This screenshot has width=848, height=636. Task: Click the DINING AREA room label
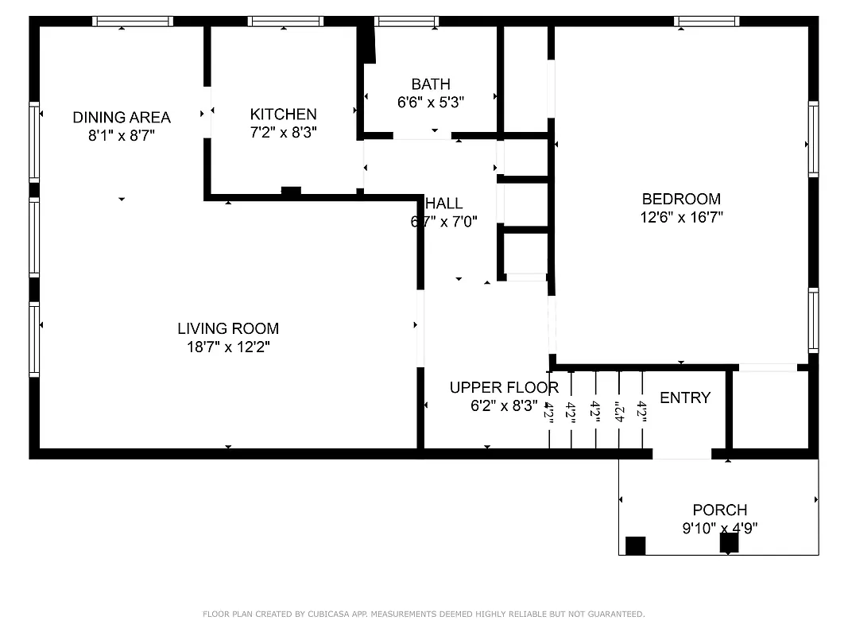coord(122,118)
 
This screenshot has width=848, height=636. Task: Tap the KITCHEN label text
coord(283,114)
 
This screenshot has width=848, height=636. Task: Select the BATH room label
coord(431,84)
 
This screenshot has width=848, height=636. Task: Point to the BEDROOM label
coord(681,200)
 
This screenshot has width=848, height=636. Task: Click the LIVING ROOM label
coord(228,328)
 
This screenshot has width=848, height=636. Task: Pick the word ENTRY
coord(685,398)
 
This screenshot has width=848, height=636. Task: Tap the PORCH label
coord(719,510)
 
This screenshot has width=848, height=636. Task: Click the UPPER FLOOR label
coord(504,388)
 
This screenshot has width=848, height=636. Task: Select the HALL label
coord(445,204)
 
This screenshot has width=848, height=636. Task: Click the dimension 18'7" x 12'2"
coord(228,347)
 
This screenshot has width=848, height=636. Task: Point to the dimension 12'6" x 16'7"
coord(681,217)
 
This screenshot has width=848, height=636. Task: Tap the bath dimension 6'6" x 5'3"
coord(431,102)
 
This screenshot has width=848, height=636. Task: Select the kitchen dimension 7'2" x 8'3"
coord(283,133)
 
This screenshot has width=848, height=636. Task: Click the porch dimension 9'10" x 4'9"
coord(719,527)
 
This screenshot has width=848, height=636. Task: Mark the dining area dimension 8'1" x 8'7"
coord(122,136)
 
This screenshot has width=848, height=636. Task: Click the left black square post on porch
coord(635,546)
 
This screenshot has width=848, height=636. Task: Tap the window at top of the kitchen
coord(285,21)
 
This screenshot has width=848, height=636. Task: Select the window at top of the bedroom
coord(707,21)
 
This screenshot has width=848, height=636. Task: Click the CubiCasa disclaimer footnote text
coord(424,614)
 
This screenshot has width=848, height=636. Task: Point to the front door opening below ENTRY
coord(682,454)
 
